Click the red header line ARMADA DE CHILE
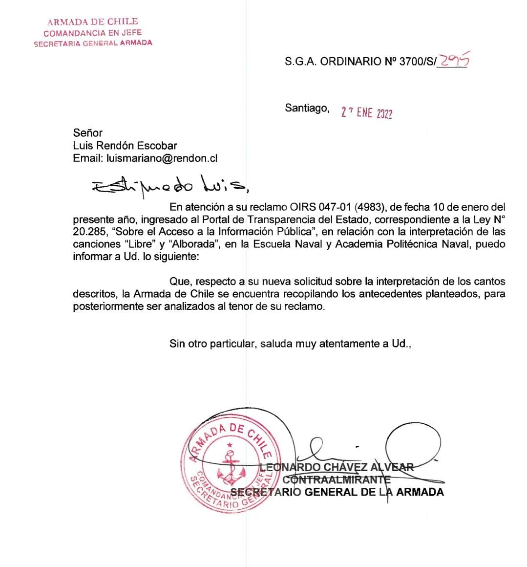click(x=93, y=22)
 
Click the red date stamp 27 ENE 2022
click(x=366, y=113)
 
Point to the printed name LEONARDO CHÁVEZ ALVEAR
click(x=337, y=467)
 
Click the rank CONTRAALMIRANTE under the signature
click(x=337, y=480)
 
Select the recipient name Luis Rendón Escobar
click(x=125, y=146)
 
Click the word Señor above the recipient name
click(x=88, y=133)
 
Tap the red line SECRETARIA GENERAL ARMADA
click(x=93, y=43)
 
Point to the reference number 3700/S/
click(x=417, y=62)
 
